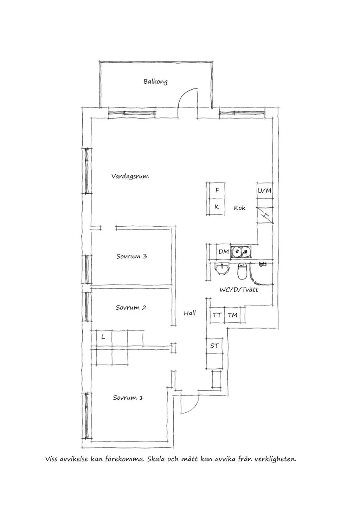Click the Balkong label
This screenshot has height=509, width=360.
tap(155, 82)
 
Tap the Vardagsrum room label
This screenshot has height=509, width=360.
tap(130, 176)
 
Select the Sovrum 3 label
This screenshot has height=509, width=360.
tap(131, 256)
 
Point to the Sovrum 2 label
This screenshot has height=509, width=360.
tap(131, 308)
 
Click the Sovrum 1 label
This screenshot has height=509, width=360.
tap(128, 398)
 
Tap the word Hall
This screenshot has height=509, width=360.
tap(190, 313)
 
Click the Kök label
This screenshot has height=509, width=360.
tap(239, 208)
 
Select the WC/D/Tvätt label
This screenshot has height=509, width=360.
tap(239, 290)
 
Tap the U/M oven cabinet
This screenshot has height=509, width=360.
tap(265, 190)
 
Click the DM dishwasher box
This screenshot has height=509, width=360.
tap(224, 252)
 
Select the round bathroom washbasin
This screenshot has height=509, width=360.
tap(222, 269)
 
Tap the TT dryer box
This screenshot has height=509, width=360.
tap(217, 315)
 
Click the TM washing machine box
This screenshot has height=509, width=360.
tap(232, 315)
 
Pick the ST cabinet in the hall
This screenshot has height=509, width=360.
tap(214, 346)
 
